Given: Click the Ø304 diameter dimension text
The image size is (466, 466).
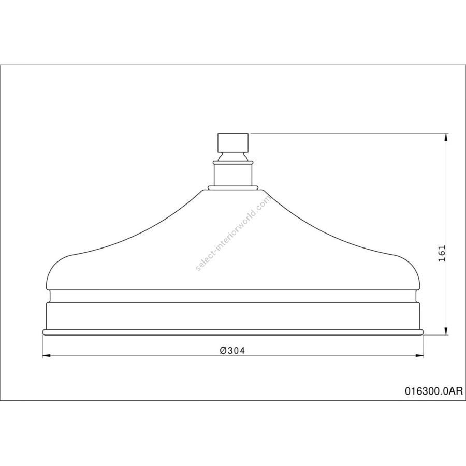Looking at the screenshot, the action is point(232,351).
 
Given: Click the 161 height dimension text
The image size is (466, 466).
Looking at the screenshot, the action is point(442,253).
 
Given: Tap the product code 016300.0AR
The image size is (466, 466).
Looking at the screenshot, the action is point(434,391).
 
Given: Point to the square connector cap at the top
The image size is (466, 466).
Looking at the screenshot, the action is point(234,142).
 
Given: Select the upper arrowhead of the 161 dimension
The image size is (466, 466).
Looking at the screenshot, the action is point(445,138).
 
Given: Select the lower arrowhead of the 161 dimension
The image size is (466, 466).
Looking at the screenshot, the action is point(445,330).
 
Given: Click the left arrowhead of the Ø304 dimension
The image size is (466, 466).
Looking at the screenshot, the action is point(47,355).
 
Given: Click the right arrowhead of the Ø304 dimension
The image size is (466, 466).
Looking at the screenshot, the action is point(419,355).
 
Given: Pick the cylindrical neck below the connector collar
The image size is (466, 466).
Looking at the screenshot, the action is point(234,176).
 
